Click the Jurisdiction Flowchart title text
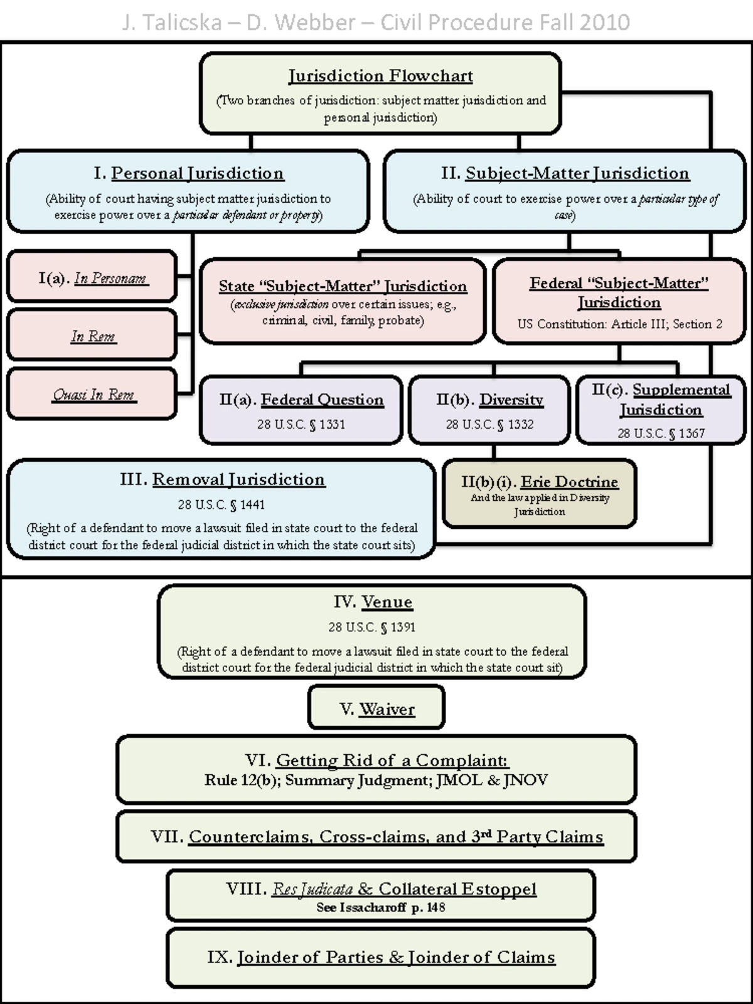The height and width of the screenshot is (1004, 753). [x=380, y=76]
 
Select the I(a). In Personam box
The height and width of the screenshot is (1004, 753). [x=92, y=277]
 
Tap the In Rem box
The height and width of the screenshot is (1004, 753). [x=92, y=336]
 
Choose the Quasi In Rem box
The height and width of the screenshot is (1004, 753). [x=92, y=394]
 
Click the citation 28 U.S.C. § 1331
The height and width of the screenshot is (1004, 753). [x=301, y=424]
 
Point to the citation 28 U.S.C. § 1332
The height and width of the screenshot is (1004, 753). [x=489, y=424]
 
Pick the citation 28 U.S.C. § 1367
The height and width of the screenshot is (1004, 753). [x=661, y=433]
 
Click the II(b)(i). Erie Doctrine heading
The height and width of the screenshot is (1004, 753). [x=539, y=482]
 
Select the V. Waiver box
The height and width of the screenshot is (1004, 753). [x=376, y=709]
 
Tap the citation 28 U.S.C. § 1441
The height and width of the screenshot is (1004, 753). [x=221, y=505]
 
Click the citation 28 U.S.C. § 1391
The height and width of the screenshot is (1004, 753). [x=371, y=627]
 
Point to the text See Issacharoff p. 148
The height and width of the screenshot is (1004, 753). [x=380, y=907]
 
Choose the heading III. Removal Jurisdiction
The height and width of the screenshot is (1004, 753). [x=222, y=479]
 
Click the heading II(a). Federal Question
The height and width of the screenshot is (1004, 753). [x=301, y=400]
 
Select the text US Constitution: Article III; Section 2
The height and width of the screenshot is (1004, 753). [x=619, y=324]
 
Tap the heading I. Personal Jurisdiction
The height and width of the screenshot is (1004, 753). [x=188, y=173]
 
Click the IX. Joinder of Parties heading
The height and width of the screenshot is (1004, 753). [x=381, y=957]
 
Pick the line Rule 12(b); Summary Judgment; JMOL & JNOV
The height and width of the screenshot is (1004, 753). [x=376, y=780]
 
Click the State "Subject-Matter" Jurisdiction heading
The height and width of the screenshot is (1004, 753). [x=343, y=286]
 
